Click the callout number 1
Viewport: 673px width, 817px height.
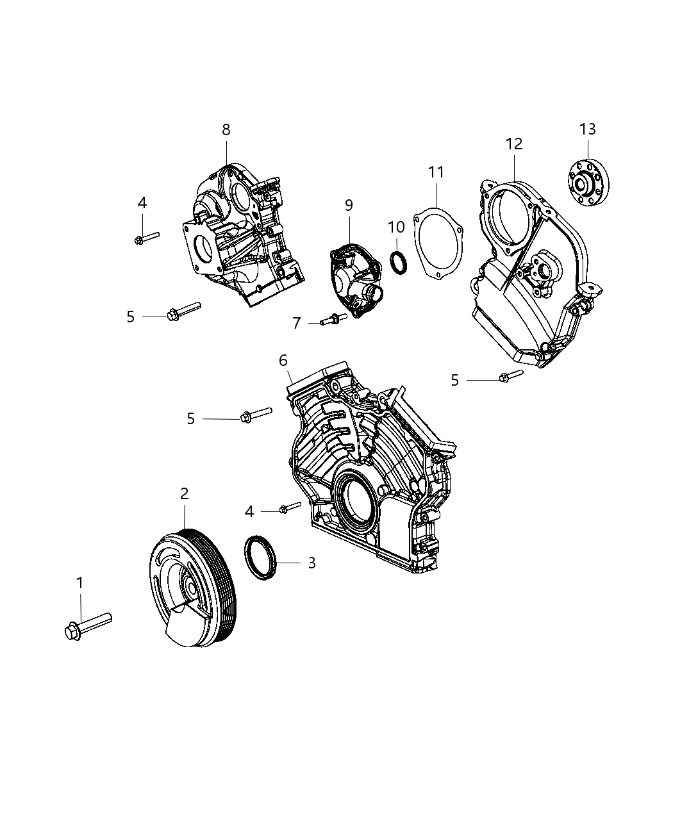click(x=80, y=583)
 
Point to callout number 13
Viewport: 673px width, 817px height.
click(x=587, y=129)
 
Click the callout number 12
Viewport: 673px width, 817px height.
click(x=514, y=144)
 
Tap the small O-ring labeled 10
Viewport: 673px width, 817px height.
click(x=398, y=263)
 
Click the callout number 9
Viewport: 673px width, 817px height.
click(x=349, y=205)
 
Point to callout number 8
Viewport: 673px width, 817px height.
click(x=226, y=129)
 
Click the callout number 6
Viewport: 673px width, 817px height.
click(x=283, y=361)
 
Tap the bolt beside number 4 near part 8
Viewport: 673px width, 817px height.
click(x=147, y=238)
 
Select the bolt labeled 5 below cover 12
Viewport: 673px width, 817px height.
click(x=511, y=376)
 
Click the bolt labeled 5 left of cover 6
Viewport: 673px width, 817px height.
click(x=255, y=415)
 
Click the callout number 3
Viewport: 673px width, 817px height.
click(x=312, y=563)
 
